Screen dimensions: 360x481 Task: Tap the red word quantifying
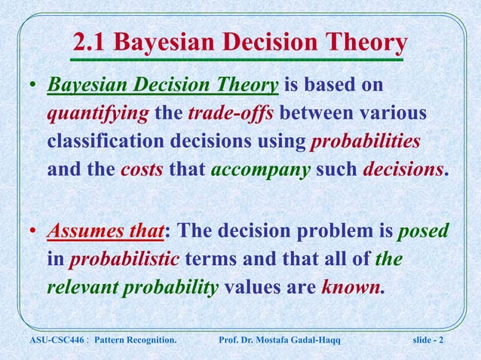pyautogui.click(x=97, y=114)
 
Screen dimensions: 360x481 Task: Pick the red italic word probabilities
pyautogui.click(x=366, y=142)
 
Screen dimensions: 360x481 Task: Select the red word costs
pyautogui.click(x=142, y=169)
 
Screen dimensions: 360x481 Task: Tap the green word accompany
pyautogui.click(x=260, y=169)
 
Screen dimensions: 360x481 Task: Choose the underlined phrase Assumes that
pyautogui.click(x=103, y=231)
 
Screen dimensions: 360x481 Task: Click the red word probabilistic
pyautogui.click(x=124, y=259)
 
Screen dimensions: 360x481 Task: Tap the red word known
pyautogui.click(x=351, y=286)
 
